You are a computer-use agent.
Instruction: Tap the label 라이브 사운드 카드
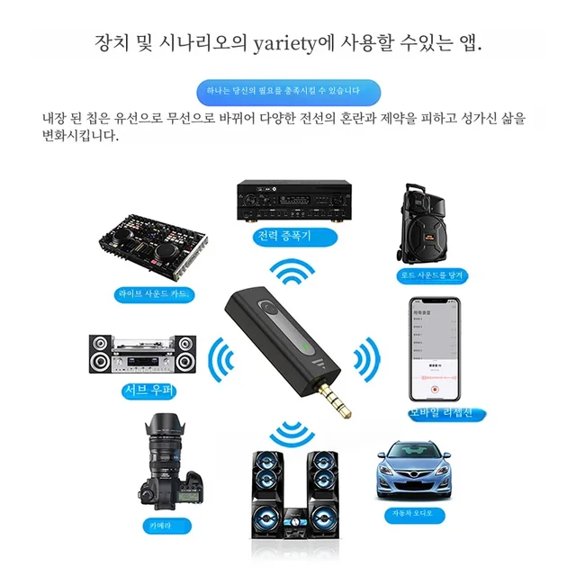pyautogui.click(x=154, y=294)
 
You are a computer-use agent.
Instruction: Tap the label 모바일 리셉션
pyautogui.click(x=436, y=413)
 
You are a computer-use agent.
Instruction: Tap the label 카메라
pyautogui.click(x=161, y=525)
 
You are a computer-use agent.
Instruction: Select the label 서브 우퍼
pyautogui.click(x=148, y=391)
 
